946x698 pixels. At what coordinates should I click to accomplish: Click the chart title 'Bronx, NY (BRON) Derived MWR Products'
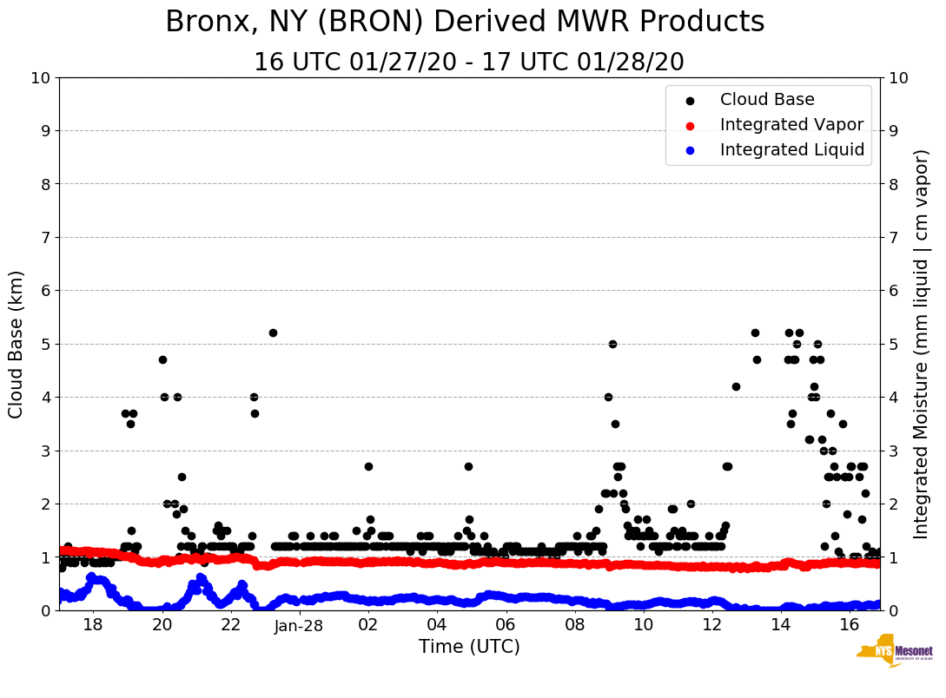point(465,23)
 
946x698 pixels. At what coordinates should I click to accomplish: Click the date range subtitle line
point(469,63)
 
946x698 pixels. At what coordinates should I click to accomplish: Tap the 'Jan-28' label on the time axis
point(299,627)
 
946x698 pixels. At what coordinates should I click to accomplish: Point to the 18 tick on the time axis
point(94,626)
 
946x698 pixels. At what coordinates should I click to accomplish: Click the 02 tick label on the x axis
point(368,626)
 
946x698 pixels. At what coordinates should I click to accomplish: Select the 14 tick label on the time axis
point(780,626)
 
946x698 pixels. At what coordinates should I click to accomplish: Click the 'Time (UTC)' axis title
point(469,647)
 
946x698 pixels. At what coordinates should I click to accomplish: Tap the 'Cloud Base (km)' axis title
point(16,344)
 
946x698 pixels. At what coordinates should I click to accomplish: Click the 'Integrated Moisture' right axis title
point(921,344)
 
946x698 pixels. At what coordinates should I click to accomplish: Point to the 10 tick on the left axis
point(40,78)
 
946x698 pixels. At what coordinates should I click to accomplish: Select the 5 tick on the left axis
point(45,344)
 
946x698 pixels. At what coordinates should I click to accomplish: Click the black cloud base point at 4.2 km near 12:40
point(736,386)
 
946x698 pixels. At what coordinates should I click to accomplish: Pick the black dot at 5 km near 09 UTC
point(612,344)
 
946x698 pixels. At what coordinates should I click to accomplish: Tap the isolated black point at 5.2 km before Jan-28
point(273,333)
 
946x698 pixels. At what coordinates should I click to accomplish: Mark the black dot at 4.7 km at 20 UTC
point(162,359)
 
